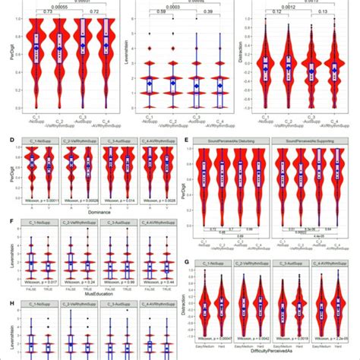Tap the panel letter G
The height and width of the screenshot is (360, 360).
coord(188,261)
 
